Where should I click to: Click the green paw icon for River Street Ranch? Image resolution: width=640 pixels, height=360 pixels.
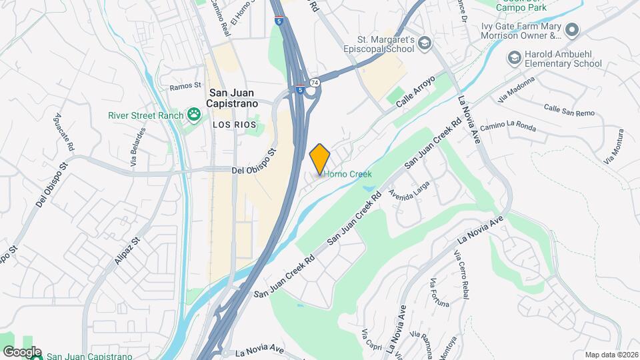(x=194, y=115)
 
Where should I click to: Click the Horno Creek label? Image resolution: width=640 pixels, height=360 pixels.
(x=347, y=174)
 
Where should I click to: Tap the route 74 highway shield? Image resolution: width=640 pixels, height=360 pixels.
(x=315, y=82)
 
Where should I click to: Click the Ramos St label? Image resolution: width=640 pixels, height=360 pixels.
(x=185, y=86)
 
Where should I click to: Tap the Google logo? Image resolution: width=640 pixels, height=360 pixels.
(x=21, y=352)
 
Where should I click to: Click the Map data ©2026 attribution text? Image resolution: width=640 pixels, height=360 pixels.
(x=611, y=354)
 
